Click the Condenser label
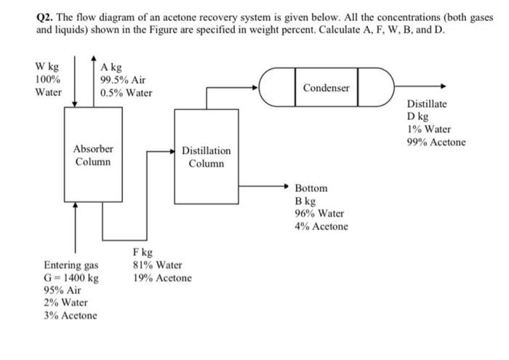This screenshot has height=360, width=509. [326, 88]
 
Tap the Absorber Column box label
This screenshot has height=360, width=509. [93, 155]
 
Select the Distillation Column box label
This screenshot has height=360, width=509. [206, 157]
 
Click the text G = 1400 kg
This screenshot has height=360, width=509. [71, 278]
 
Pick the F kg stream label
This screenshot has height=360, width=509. [143, 252]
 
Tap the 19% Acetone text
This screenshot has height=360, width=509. [162, 279]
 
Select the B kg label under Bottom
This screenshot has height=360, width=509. [305, 201]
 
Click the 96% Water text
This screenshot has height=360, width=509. [319, 213]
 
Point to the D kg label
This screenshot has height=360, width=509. [418, 116]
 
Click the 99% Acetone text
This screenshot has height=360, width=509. [436, 142]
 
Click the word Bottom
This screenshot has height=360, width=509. [310, 188]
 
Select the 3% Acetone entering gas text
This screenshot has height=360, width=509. [71, 315]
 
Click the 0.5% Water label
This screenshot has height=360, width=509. [127, 92]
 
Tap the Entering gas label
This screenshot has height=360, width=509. [71, 265]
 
